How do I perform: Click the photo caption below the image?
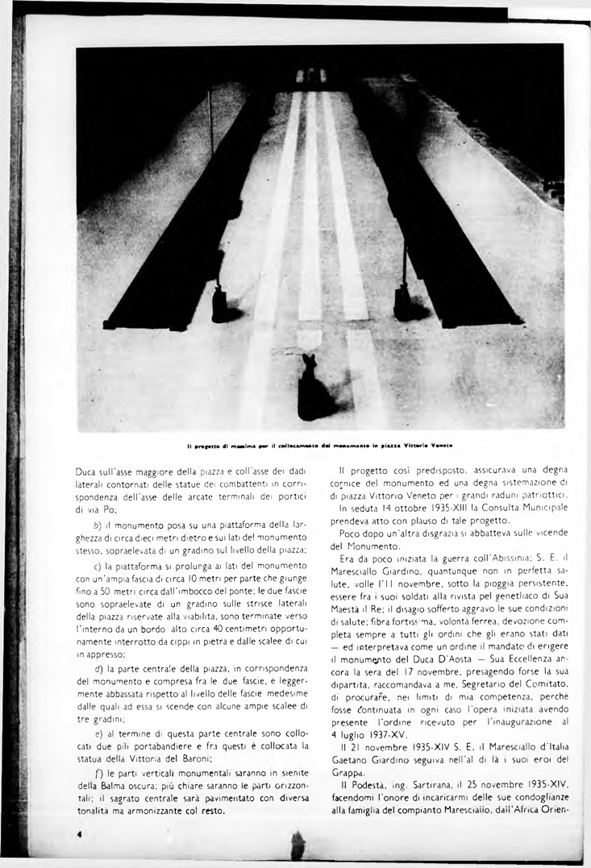click(319, 446)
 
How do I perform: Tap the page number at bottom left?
click(80, 836)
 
